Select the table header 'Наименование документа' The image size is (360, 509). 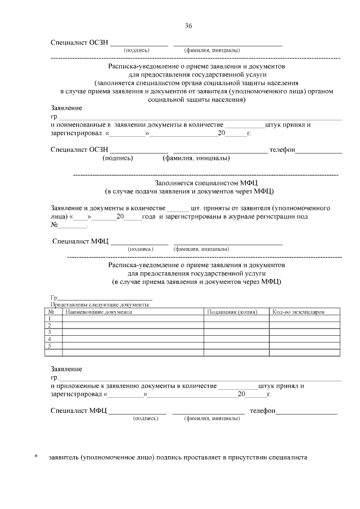(x=99, y=311)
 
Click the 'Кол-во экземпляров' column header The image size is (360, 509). (x=298, y=311)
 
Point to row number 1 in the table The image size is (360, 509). (x=51, y=318)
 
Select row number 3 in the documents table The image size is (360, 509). (x=51, y=332)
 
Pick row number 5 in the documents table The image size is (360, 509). (x=51, y=346)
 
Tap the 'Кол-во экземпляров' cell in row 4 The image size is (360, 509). (x=304, y=339)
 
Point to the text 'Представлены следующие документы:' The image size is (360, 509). (x=100, y=304)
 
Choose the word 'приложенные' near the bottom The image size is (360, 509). (x=79, y=386)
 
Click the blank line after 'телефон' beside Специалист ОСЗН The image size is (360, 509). (x=318, y=151)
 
